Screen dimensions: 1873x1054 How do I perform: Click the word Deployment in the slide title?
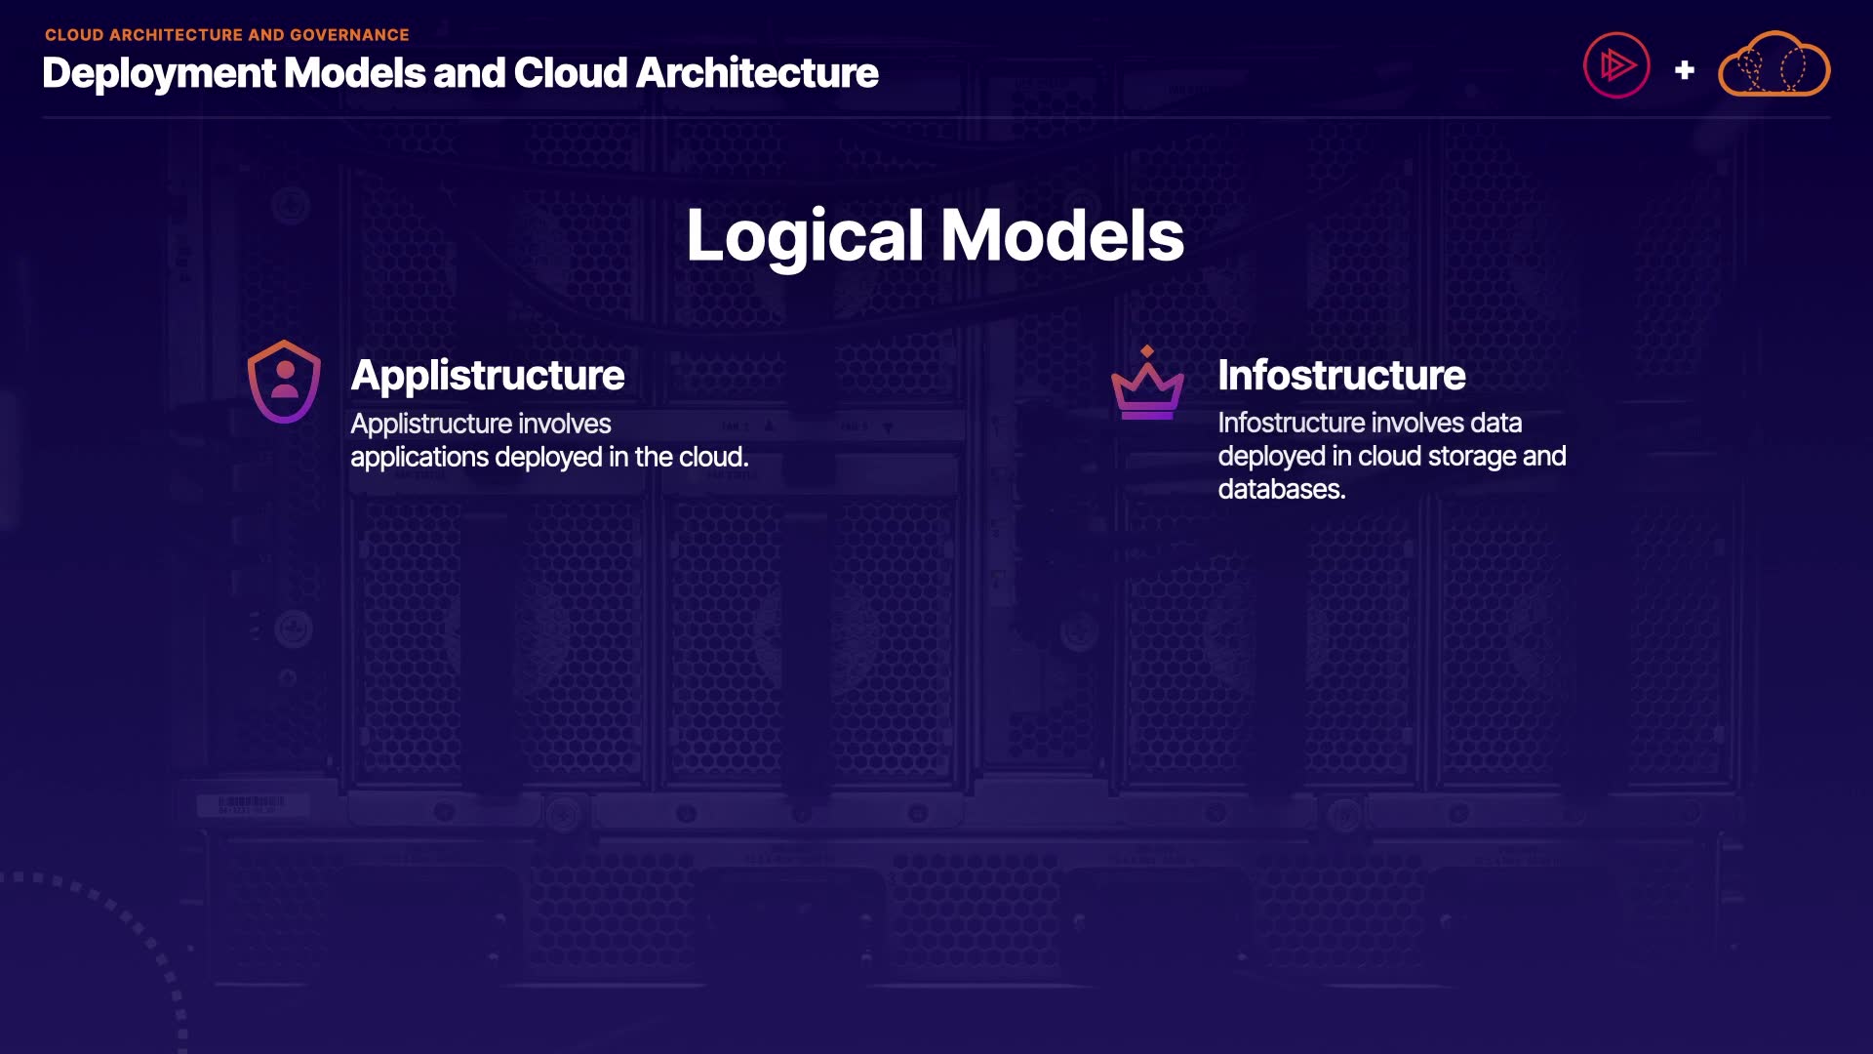pos(159,73)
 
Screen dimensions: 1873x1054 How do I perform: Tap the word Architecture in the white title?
pos(757,73)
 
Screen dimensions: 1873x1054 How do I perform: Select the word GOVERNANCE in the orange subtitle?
pos(349,35)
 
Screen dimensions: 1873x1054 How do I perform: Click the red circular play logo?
pos(1616,65)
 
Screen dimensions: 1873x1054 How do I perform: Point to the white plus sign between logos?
pos(1684,70)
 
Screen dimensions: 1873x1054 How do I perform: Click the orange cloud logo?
pos(1773,65)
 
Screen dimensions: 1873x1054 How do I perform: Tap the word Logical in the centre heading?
pos(804,236)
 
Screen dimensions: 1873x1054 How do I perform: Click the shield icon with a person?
pos(284,382)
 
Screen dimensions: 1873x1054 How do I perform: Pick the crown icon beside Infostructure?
pos(1147,388)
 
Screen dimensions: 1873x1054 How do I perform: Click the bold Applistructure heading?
pos(487,375)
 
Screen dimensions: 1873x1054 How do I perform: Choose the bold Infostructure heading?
pos(1340,375)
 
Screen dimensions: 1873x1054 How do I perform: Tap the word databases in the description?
pos(1281,489)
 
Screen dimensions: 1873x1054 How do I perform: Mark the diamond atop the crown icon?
pos(1147,351)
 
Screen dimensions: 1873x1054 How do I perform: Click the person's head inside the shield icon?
pos(285,371)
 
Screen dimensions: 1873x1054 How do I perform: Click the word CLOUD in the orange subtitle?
pos(73,35)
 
